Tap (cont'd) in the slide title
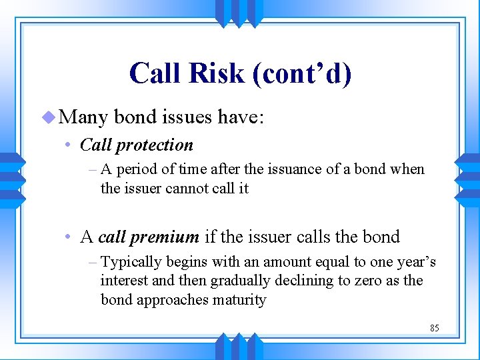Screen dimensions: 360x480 (301, 73)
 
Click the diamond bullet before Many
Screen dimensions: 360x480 (47, 118)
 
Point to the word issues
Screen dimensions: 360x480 (187, 118)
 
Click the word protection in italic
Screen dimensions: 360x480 (154, 145)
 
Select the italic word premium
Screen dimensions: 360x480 (167, 237)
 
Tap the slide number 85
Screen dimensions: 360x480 (434, 328)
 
